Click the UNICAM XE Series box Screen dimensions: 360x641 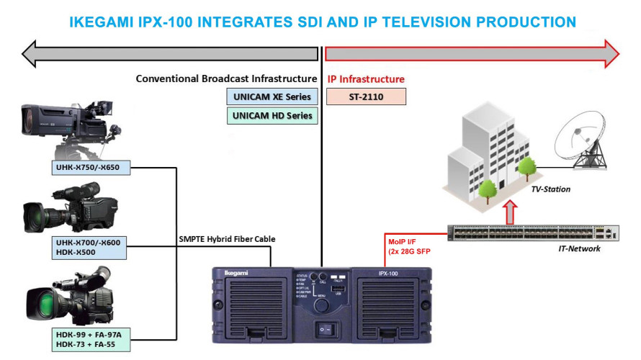[272, 96]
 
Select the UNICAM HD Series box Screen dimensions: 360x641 [272, 115]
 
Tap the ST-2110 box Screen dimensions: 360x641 [366, 96]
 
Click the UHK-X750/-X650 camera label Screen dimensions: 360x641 [91, 167]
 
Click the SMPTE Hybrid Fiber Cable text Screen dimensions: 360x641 [227, 239]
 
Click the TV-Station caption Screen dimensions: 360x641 [551, 189]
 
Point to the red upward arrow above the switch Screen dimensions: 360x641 [510, 212]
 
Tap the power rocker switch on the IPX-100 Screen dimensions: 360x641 [326, 328]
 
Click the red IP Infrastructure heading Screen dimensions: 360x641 [366, 79]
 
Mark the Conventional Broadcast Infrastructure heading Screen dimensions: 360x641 [226, 78]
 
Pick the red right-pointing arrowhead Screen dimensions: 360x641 [611, 53]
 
